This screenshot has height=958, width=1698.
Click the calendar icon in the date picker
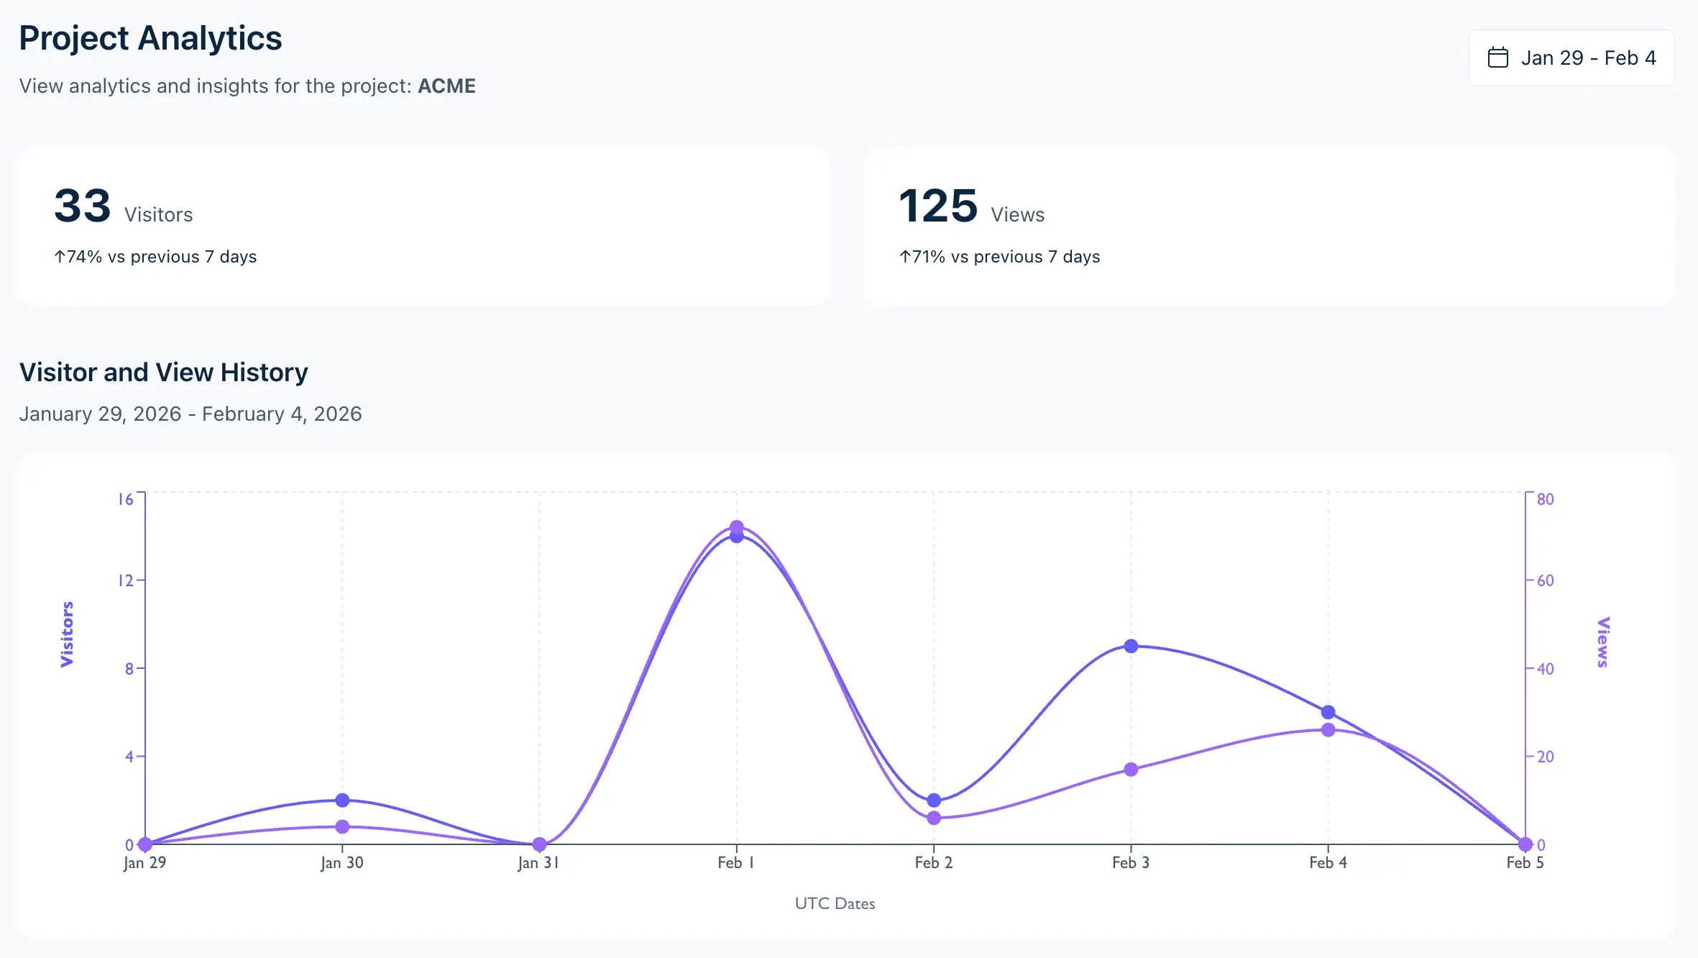point(1497,58)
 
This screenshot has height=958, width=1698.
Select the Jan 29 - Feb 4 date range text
point(1588,58)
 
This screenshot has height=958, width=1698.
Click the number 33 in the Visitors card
point(83,206)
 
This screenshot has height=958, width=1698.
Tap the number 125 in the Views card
point(938,206)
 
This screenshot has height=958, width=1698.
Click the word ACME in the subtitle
point(446,86)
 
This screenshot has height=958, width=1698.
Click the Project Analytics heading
point(150,38)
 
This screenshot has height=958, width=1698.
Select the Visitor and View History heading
point(163,373)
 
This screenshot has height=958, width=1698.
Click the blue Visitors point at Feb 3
point(1131,646)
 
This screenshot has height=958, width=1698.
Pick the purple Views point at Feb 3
point(1131,770)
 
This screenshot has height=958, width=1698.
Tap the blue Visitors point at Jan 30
point(342,800)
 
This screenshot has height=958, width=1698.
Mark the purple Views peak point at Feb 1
point(736,526)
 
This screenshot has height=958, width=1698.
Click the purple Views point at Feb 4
point(1328,730)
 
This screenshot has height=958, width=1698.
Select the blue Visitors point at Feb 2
point(934,800)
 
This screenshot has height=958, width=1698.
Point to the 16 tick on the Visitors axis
point(126,499)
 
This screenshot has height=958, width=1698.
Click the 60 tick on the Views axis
point(1545,580)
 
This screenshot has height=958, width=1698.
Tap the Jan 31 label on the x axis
point(538,862)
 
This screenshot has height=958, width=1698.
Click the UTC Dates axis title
point(835,903)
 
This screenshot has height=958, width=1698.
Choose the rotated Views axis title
point(1602,642)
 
